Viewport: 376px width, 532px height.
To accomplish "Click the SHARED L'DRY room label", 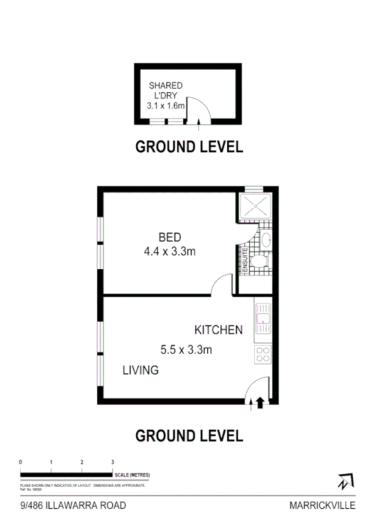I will coord(165,90).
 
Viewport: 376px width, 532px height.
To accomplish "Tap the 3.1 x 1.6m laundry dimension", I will coord(166,106).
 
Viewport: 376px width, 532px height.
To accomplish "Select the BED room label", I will coord(169,238).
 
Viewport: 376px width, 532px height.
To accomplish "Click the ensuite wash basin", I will coord(265,240).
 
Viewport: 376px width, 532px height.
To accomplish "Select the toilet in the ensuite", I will coord(259,262).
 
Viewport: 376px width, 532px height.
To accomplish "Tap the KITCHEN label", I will coord(218,330).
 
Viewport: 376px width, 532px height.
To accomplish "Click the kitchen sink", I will coord(263,319).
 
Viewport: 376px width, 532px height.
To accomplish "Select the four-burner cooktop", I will coord(263,354).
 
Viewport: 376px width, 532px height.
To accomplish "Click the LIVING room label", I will coord(140,370).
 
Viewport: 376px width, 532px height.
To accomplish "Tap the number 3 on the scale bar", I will coord(112,462).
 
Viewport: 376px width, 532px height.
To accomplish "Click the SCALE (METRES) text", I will coord(132,475).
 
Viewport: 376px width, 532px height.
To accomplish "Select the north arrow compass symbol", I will coord(345,482).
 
